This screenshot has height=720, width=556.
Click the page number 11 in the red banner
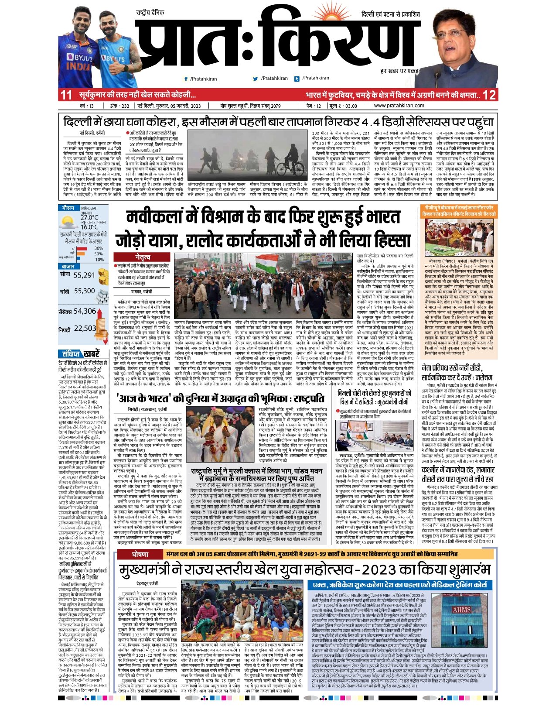click(66, 95)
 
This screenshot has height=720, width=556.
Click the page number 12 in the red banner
click(490, 95)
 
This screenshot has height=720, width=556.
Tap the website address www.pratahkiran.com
click(399, 106)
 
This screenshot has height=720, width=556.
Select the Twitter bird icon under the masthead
click(256, 79)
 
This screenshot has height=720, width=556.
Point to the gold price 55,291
click(84, 275)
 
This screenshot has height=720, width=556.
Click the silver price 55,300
click(84, 291)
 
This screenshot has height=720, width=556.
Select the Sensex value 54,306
click(85, 311)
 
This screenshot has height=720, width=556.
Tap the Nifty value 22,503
click(85, 328)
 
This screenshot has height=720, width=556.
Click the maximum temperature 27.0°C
click(89, 217)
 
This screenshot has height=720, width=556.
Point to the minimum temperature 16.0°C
click(89, 227)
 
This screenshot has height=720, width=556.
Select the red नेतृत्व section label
click(142, 257)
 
